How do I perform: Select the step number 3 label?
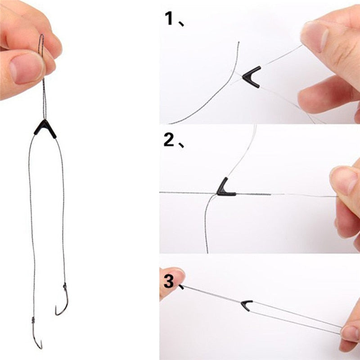169,282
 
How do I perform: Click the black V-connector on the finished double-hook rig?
45,129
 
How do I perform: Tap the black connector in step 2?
225,188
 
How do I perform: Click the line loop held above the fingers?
41,45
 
